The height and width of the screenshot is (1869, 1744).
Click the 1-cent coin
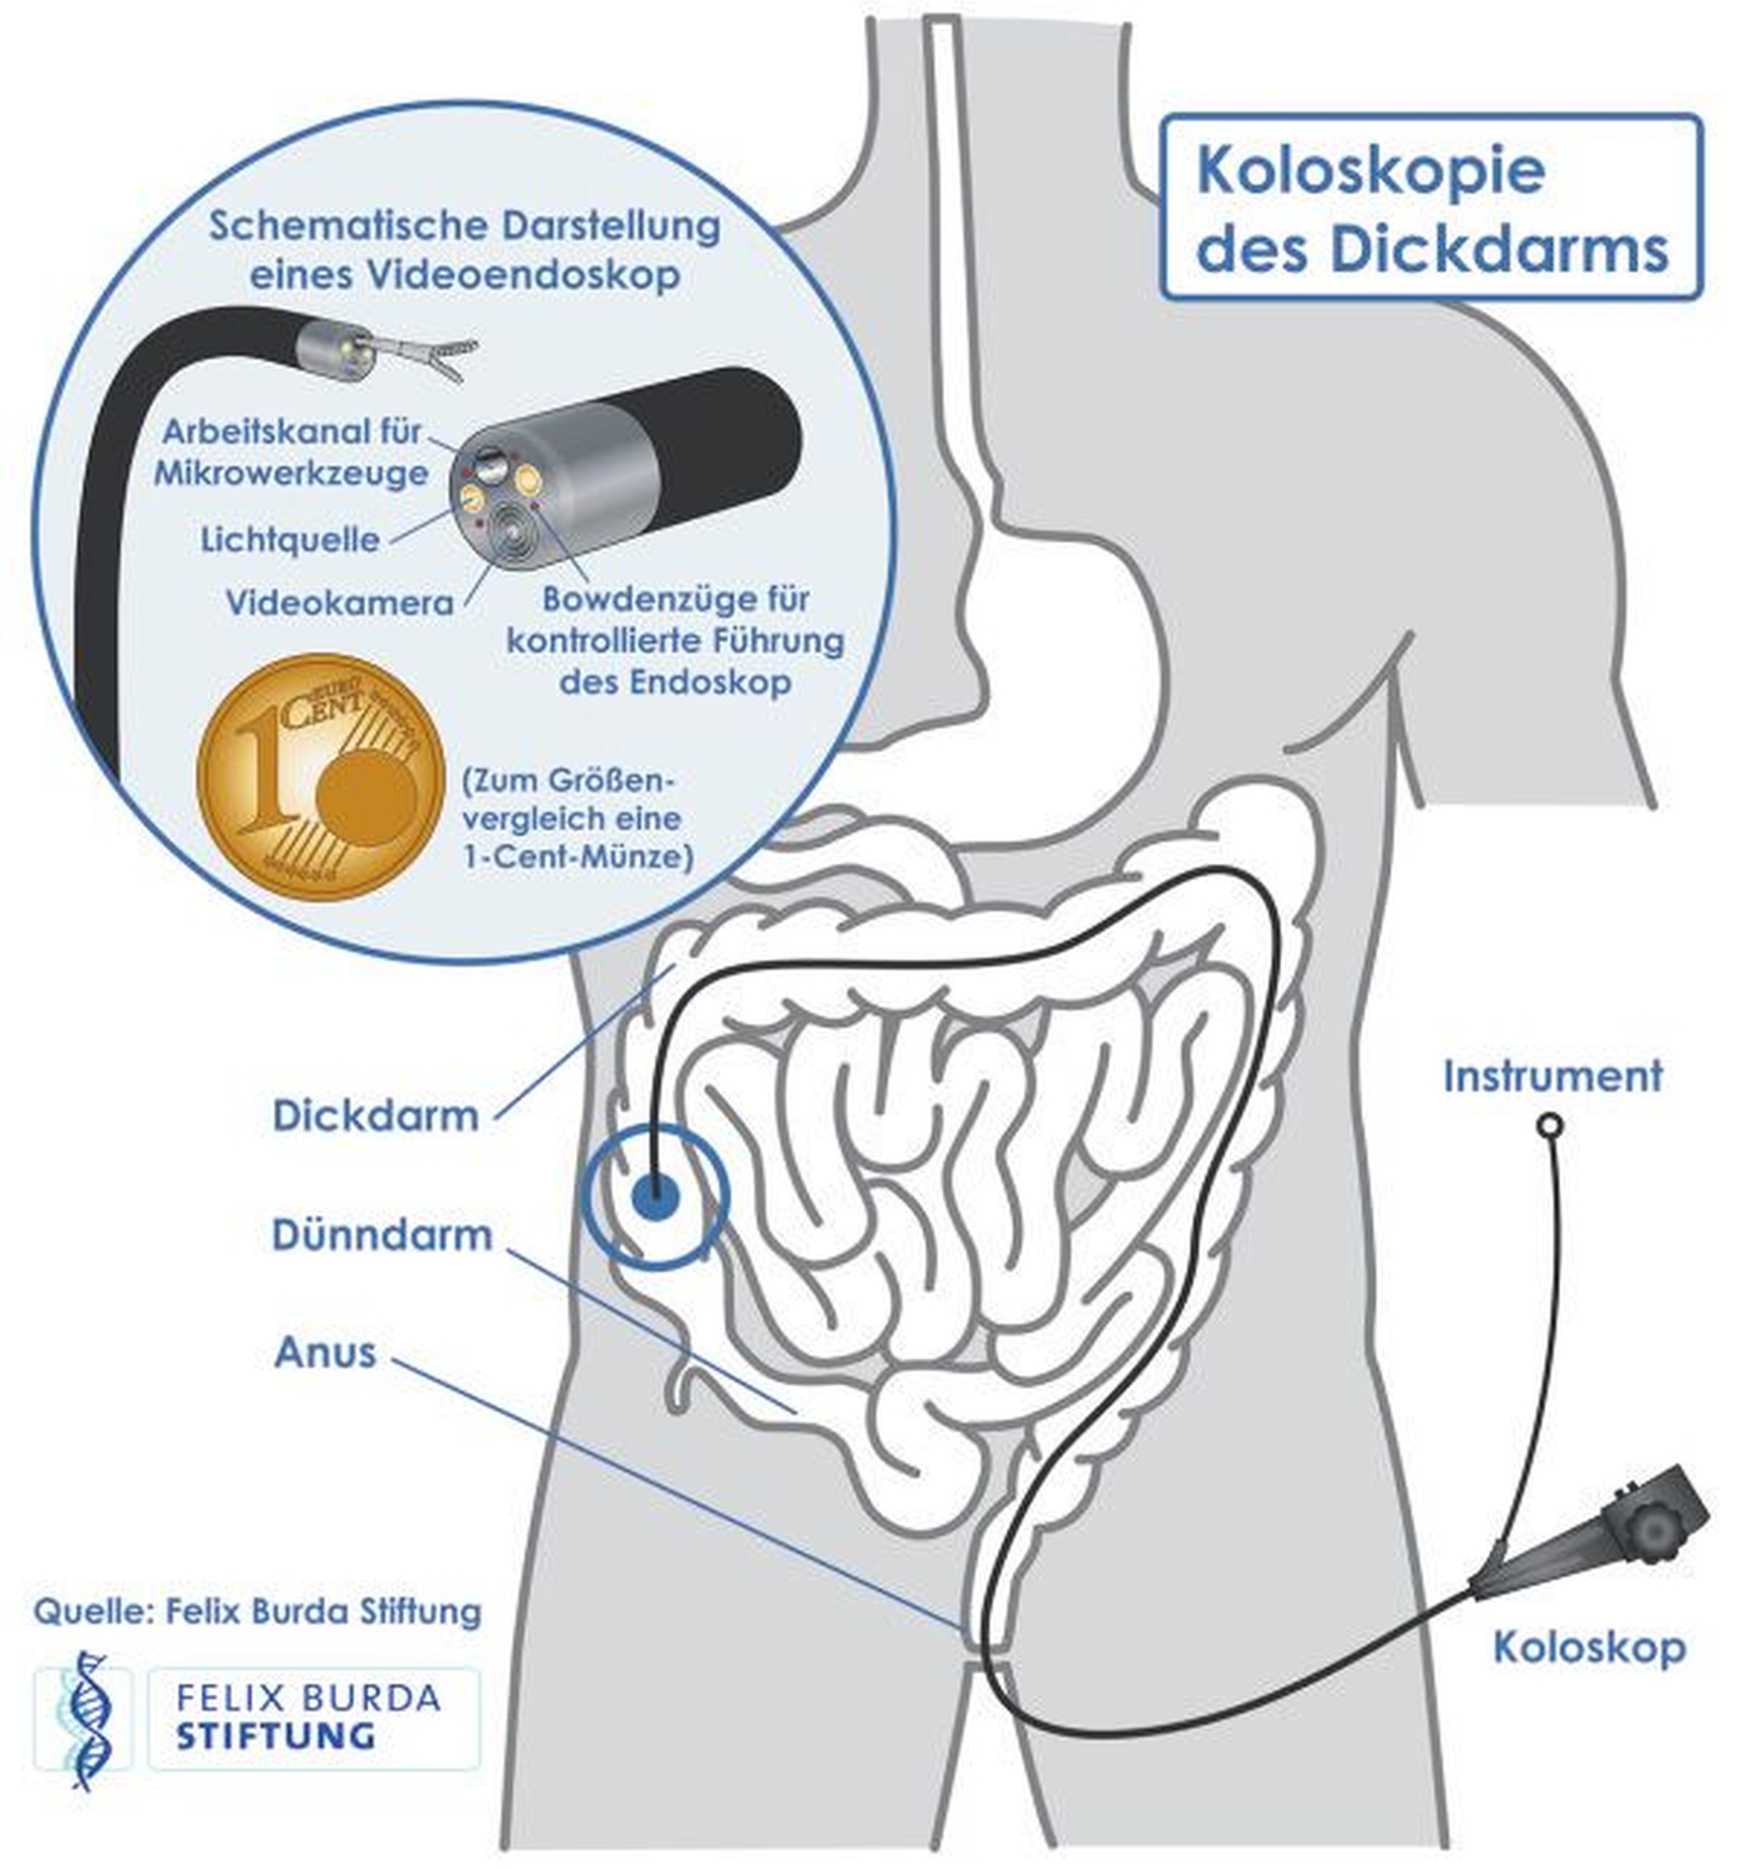(x=320, y=778)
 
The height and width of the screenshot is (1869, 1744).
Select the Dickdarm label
(x=376, y=1116)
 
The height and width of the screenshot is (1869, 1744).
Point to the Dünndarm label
(x=383, y=1235)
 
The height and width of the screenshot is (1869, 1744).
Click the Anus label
(x=325, y=1353)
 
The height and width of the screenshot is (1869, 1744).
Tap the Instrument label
(x=1553, y=1076)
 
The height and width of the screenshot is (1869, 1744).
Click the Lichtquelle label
(x=290, y=540)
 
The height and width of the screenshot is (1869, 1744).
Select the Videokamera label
(x=340, y=602)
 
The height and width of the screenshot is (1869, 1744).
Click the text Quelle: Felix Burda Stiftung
(x=258, y=1611)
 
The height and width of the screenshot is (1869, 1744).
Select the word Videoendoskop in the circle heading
(x=520, y=274)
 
